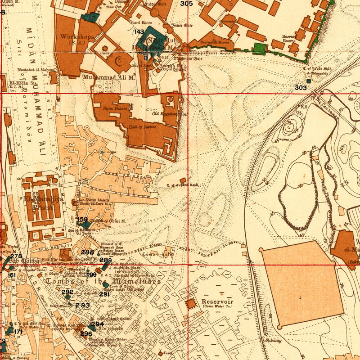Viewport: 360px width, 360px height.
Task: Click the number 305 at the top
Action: click(x=186, y=4)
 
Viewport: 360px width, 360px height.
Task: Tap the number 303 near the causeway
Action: click(x=301, y=87)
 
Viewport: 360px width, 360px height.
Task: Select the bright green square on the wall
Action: click(x=259, y=48)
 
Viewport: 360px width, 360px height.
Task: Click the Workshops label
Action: click(x=77, y=36)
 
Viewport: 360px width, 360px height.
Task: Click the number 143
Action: click(x=139, y=31)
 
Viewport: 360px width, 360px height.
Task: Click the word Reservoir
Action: click(x=216, y=301)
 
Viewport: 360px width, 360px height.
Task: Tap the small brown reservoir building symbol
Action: click(x=192, y=304)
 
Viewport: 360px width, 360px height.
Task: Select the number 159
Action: click(x=82, y=219)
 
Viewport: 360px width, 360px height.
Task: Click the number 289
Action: click(x=106, y=261)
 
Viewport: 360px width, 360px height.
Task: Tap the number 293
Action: click(x=82, y=306)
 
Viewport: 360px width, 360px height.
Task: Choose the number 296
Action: click(x=86, y=334)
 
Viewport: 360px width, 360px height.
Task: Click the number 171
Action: click(x=18, y=332)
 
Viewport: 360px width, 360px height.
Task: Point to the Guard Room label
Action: click(x=140, y=22)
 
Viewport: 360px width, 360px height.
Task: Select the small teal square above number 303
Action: click(x=309, y=81)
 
